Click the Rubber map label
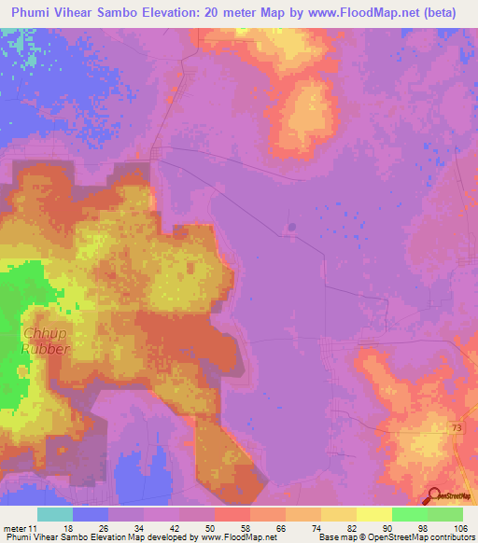[x=47, y=349]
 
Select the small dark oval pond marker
[x=290, y=227]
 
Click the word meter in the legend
[x=17, y=528]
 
